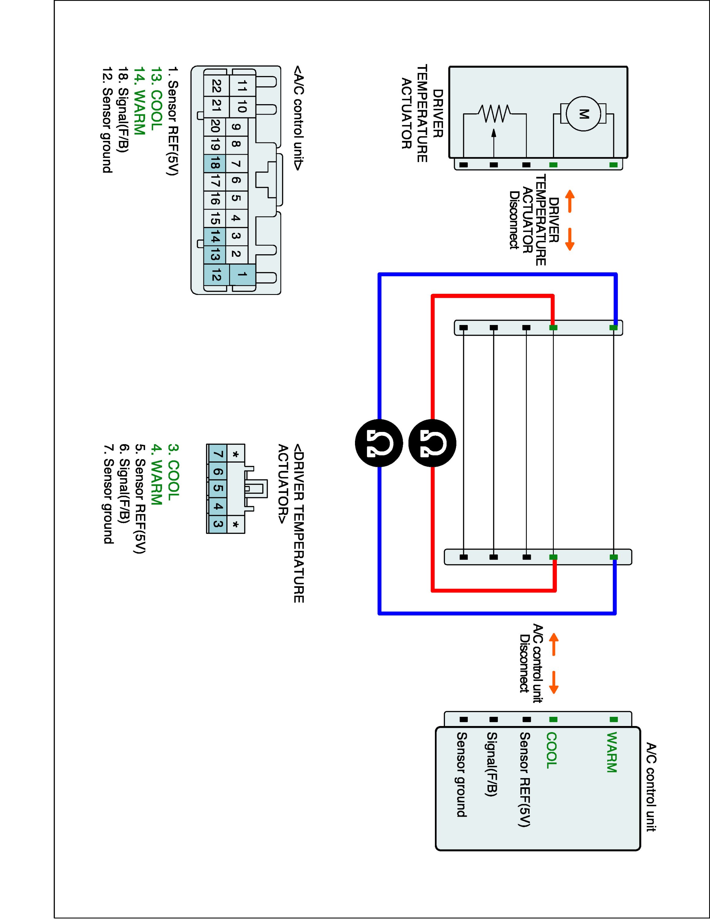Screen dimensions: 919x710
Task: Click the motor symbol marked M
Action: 583,114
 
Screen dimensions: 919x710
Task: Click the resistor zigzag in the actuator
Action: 494,113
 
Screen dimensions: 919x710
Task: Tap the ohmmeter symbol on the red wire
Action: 432,443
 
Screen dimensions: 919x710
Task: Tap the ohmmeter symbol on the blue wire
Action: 379,443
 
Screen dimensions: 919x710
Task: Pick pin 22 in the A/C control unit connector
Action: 216,86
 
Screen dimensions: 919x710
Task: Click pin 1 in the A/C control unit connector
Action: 242,275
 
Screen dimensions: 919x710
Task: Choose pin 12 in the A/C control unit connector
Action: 216,276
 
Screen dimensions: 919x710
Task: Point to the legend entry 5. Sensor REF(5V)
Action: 139,499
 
